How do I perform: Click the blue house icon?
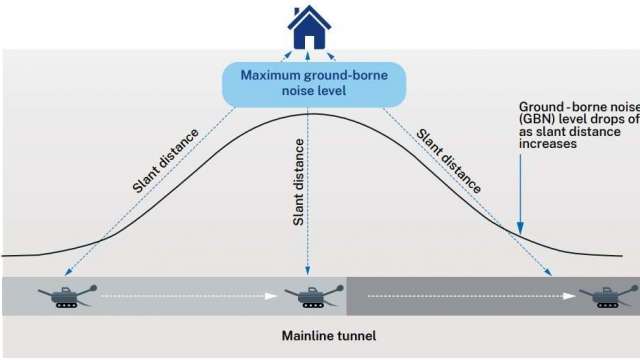[x=309, y=28]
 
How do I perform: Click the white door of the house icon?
[x=309, y=41]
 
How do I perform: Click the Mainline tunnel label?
[x=330, y=336]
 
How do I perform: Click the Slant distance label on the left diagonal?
[x=166, y=158]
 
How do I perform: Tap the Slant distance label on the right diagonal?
[x=450, y=160]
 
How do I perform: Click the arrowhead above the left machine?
[x=67, y=271]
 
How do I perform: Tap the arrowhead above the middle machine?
[x=308, y=271]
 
